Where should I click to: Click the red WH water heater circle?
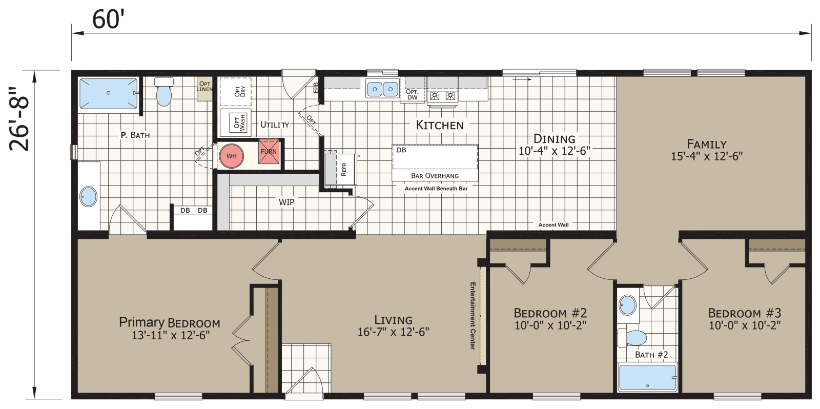[x=231, y=156]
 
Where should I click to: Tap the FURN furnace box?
[x=269, y=152]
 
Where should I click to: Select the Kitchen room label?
[x=439, y=125]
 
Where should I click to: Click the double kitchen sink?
[x=382, y=90]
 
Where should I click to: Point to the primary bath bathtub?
[x=108, y=93]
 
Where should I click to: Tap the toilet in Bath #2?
[x=633, y=338]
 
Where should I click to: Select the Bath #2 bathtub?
[x=648, y=378]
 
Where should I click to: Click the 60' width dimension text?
[x=109, y=19]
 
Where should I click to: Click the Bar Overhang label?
[x=435, y=175]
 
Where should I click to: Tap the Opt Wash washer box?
[x=239, y=122]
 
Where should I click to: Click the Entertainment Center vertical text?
[x=473, y=316]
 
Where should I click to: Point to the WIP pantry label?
[x=286, y=202]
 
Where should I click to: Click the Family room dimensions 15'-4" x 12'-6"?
[x=707, y=156]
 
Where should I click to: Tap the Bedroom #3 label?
[x=744, y=313]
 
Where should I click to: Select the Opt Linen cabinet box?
[x=204, y=87]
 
